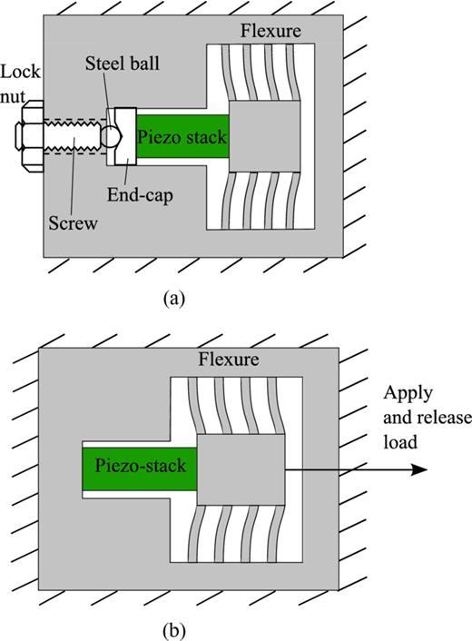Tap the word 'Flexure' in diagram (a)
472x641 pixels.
pos(270,33)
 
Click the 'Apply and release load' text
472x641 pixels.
pos(414,418)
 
